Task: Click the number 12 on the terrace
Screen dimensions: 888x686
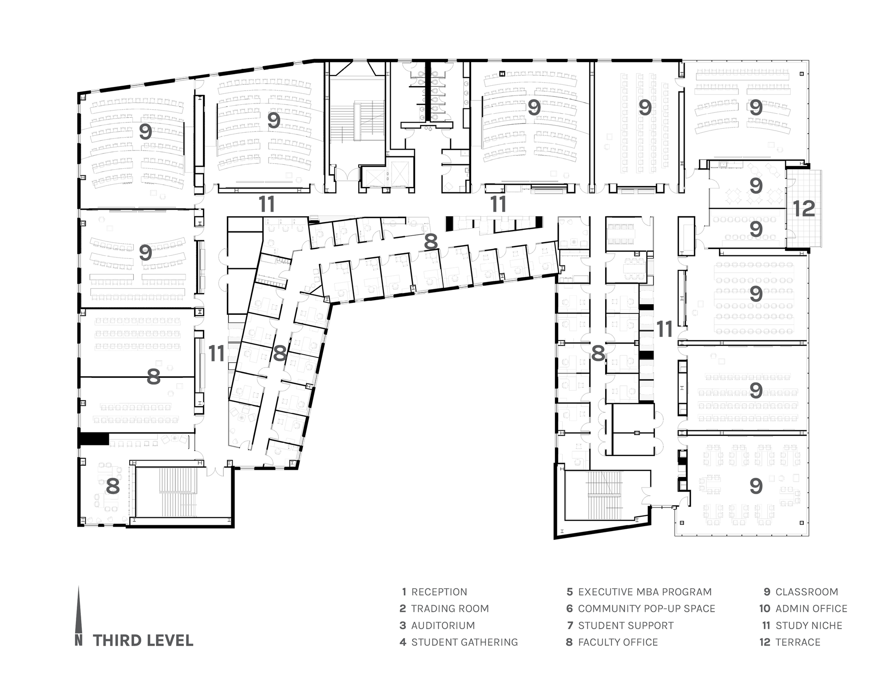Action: pos(804,209)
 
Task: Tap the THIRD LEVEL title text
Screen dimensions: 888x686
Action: pos(143,641)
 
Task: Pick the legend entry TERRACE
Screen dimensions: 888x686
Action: pos(790,642)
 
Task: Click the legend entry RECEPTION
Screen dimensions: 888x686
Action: pos(434,592)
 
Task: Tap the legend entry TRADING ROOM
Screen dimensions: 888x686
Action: pos(444,609)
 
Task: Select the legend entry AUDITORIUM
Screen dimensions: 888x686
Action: pos(437,626)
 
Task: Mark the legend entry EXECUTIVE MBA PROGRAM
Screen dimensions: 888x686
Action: pos(639,592)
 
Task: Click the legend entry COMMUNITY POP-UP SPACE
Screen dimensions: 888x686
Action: pos(641,609)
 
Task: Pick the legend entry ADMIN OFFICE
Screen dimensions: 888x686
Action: pos(803,609)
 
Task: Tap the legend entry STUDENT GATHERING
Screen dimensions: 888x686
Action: pos(459,642)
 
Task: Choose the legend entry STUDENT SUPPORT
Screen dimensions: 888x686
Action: pos(620,626)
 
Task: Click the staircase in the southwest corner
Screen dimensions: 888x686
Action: pos(178,492)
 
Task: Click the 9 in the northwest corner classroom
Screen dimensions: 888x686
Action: pos(146,132)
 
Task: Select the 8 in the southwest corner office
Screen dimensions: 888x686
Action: pos(113,486)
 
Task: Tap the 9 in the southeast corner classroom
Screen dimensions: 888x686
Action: pos(756,486)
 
